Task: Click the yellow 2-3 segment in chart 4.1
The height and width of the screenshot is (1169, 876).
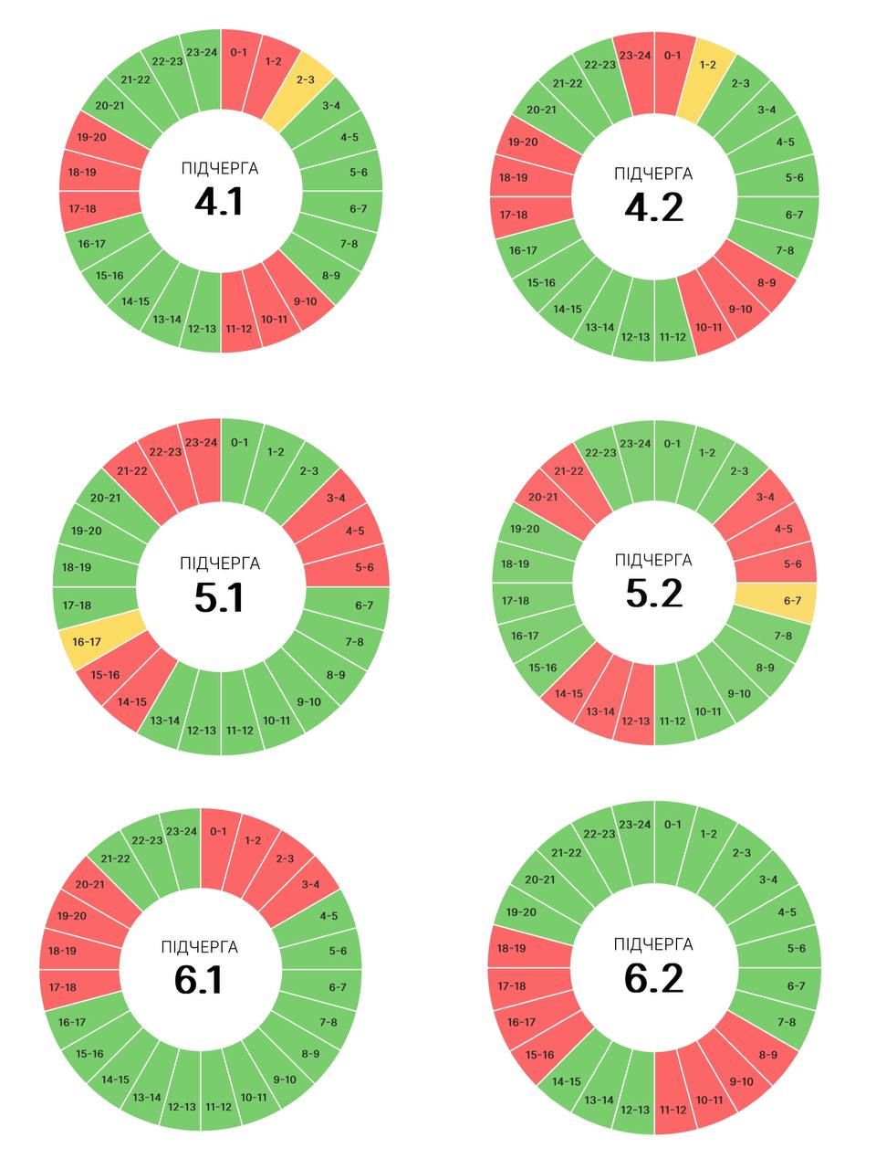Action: click(x=306, y=79)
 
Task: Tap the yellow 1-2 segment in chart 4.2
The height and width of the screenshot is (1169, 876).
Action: click(x=707, y=65)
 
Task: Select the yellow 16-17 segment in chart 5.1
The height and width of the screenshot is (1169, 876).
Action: click(x=87, y=641)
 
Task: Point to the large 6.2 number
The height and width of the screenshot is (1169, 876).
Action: click(x=653, y=978)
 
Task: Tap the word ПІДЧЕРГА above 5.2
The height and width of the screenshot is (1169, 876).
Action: click(x=653, y=559)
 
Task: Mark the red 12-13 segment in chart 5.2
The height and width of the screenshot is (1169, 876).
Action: click(x=635, y=721)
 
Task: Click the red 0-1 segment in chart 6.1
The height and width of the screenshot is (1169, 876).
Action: click(x=218, y=831)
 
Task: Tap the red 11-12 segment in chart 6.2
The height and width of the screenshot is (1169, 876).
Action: click(x=673, y=1109)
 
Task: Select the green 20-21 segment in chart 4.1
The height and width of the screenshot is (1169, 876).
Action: click(x=109, y=106)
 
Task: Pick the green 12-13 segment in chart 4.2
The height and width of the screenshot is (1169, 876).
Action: click(x=635, y=336)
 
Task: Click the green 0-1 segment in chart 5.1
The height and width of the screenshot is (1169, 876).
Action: click(x=239, y=443)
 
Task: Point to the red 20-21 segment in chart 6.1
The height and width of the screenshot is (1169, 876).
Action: click(x=89, y=884)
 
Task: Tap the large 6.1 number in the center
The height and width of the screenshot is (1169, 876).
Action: click(x=199, y=980)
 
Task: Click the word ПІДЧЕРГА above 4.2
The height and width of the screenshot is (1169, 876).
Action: click(x=653, y=174)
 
